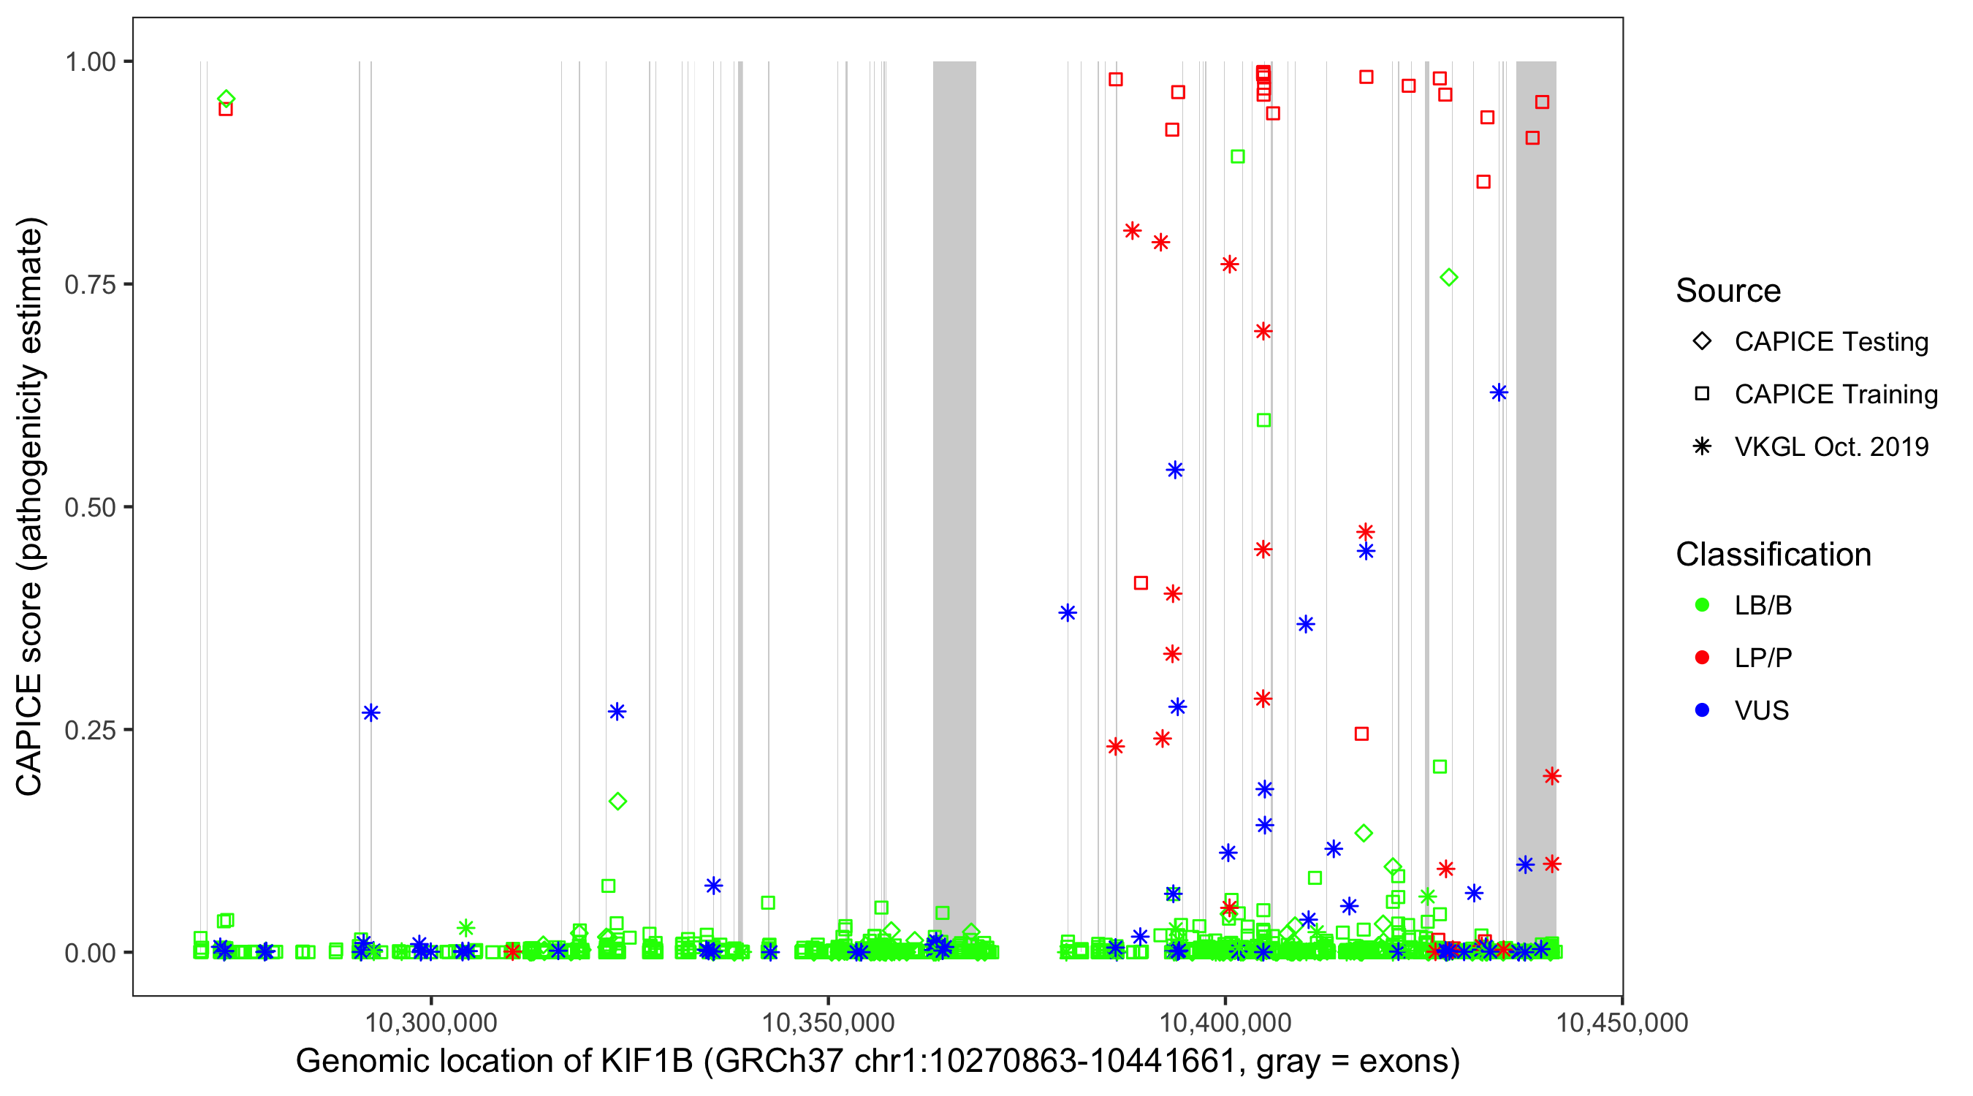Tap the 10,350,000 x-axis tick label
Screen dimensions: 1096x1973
pyautogui.click(x=828, y=1022)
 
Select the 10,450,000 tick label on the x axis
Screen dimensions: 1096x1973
pyautogui.click(x=1622, y=1022)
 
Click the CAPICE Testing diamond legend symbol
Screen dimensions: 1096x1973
pyautogui.click(x=1702, y=342)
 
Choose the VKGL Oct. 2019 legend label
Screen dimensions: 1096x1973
pyautogui.click(x=1831, y=446)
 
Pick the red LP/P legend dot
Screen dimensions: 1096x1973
pyautogui.click(x=1702, y=658)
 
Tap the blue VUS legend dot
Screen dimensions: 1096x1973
pyautogui.click(x=1702, y=711)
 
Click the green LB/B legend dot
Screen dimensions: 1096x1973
pyautogui.click(x=1702, y=605)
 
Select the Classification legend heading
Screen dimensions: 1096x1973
pyautogui.click(x=1772, y=555)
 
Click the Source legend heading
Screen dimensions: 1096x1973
pyautogui.click(x=1727, y=291)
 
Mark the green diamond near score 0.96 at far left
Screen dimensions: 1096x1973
pyautogui.click(x=226, y=99)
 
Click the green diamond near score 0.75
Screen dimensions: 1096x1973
pyautogui.click(x=1448, y=277)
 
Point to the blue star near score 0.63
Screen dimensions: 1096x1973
pyautogui.click(x=1499, y=393)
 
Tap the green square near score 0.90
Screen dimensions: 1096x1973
pyautogui.click(x=1238, y=157)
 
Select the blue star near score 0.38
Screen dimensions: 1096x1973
pyautogui.click(x=1068, y=613)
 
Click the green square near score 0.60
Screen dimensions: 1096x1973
pyautogui.click(x=1263, y=420)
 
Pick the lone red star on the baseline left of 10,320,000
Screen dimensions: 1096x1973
pyautogui.click(x=512, y=951)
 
